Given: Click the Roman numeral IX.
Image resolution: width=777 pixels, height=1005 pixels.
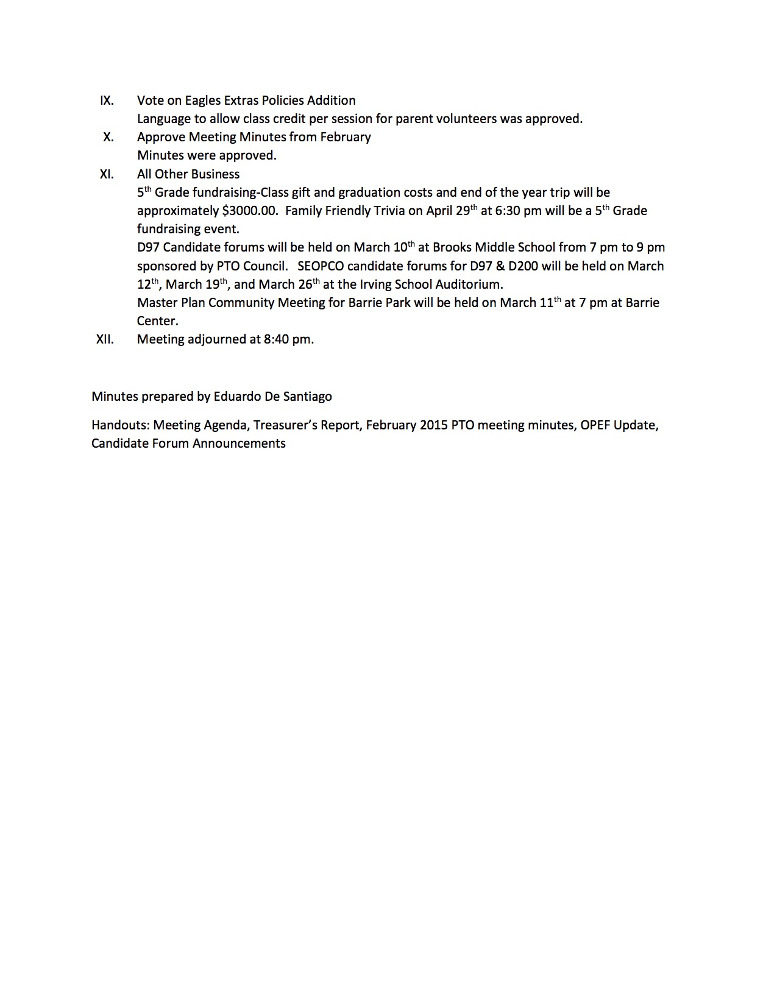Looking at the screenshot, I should click(107, 100).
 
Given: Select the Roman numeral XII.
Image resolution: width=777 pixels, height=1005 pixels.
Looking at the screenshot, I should click(105, 339).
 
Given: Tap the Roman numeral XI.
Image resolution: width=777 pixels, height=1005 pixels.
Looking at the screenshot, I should click(107, 174).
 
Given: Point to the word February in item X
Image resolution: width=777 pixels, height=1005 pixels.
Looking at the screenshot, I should click(345, 137).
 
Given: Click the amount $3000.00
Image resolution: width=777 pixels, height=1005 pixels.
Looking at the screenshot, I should click(249, 211).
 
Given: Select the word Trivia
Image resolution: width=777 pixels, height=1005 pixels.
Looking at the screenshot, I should click(384, 211).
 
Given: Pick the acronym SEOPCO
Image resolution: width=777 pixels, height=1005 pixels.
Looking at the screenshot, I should click(321, 266).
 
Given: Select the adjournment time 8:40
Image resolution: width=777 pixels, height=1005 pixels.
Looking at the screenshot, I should click(276, 339).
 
